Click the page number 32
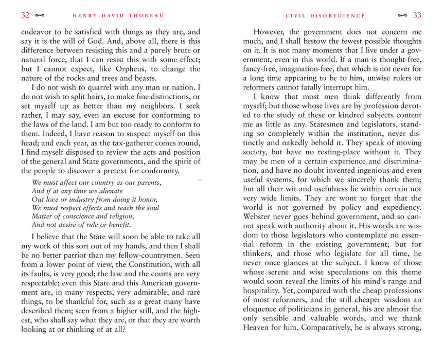click(x=25, y=15)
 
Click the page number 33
click(x=417, y=15)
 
